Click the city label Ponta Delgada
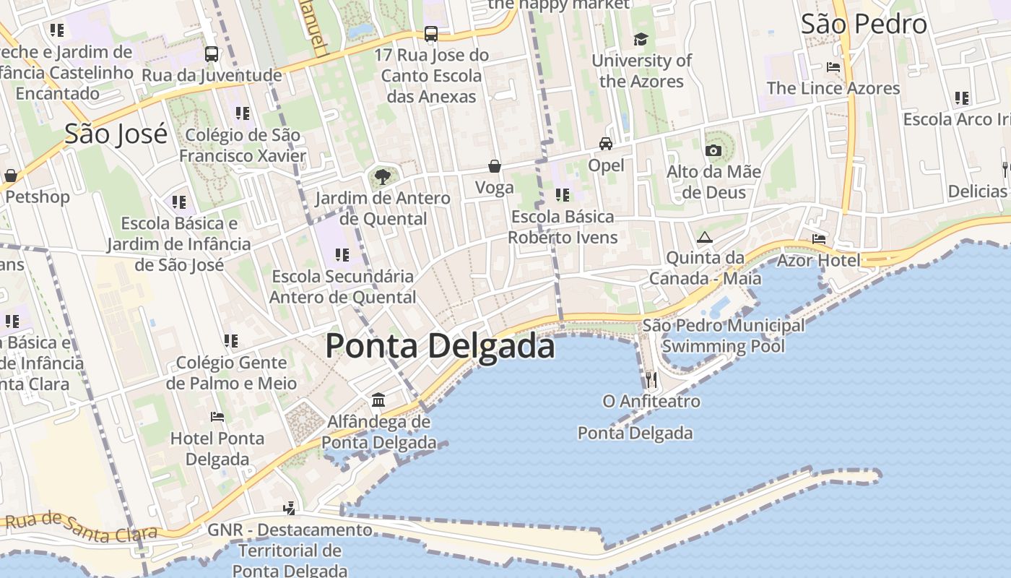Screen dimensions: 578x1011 click(x=440, y=345)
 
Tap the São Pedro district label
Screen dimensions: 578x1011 click(x=864, y=24)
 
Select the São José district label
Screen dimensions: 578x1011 click(x=116, y=134)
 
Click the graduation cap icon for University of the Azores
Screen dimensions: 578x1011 click(x=641, y=39)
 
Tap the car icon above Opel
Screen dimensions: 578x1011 click(x=606, y=143)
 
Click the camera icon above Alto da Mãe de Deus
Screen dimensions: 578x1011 click(x=713, y=150)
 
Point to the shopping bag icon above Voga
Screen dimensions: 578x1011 click(x=495, y=166)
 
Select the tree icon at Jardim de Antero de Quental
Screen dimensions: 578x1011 click(x=383, y=176)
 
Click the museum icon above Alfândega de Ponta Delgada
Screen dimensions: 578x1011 click(x=378, y=400)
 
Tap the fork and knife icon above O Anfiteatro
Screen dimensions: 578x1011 click(x=651, y=379)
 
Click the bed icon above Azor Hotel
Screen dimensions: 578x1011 click(x=818, y=238)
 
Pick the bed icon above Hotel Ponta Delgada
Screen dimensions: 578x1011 click(x=217, y=416)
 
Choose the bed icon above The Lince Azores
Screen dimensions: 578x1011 click(x=833, y=67)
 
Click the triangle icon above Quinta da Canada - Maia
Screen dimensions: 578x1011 click(x=704, y=236)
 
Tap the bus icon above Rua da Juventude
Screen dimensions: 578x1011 click(x=212, y=53)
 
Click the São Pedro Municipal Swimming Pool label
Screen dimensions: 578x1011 click(x=723, y=335)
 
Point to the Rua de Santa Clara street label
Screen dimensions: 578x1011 click(x=81, y=527)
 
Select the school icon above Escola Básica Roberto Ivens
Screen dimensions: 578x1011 click(x=562, y=194)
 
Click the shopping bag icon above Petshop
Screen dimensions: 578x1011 click(x=11, y=175)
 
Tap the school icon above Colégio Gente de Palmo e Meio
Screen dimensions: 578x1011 click(x=231, y=340)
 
